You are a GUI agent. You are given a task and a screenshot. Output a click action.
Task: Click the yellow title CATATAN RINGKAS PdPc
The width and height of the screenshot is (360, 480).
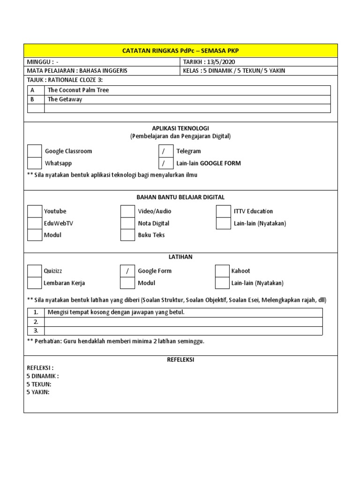tap(180, 51)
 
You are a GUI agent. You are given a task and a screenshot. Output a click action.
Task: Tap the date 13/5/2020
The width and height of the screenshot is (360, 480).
tap(222, 62)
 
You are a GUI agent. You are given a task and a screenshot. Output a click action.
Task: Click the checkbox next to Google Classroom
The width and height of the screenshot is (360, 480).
tap(35, 151)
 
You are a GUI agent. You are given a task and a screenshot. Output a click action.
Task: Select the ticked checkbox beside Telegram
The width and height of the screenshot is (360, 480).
tap(165, 151)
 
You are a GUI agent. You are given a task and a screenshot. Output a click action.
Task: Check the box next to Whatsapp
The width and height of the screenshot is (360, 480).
tap(35, 163)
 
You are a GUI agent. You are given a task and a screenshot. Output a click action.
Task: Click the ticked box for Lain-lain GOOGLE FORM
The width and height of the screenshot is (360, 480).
tap(165, 163)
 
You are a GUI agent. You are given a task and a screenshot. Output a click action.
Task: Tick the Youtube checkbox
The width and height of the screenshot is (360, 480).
tap(35, 211)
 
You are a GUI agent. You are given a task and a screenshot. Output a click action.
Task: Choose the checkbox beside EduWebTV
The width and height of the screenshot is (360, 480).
tap(35, 223)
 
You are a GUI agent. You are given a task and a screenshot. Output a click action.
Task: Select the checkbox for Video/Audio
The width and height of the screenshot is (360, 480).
tap(127, 211)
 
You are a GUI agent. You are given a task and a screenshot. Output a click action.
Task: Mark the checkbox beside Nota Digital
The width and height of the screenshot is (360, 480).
tap(127, 223)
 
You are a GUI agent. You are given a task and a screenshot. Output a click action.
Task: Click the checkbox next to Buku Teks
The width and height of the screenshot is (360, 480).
tap(127, 235)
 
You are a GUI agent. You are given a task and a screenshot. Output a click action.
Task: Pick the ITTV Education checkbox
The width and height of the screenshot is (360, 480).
tap(223, 211)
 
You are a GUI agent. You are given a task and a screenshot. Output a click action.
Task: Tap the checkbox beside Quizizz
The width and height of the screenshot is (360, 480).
tap(35, 271)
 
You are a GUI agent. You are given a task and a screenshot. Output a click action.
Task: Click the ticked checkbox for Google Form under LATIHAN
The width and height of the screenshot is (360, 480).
tap(127, 271)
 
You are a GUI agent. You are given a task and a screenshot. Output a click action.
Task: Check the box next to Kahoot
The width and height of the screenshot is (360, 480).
tap(222, 271)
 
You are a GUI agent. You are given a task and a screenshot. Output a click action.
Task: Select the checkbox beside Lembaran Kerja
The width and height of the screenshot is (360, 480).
tap(35, 283)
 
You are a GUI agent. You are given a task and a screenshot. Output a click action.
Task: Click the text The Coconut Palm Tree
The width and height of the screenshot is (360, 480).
tap(78, 90)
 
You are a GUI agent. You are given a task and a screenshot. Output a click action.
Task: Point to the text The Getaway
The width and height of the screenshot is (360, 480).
tap(65, 99)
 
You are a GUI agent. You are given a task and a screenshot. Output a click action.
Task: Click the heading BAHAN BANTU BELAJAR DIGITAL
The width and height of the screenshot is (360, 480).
tap(180, 197)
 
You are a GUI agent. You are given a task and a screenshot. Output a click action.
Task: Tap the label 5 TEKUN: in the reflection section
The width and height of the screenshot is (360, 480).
tap(39, 384)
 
